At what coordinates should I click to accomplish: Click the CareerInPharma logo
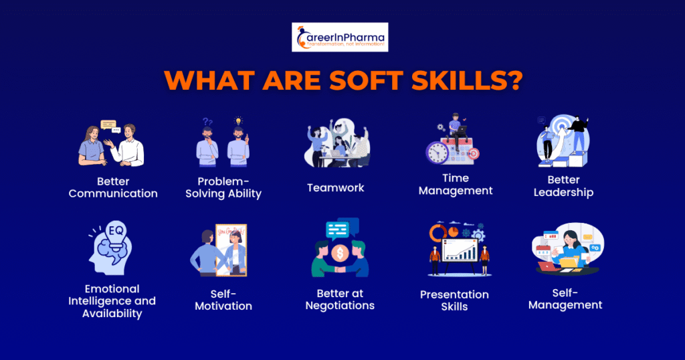click(340, 37)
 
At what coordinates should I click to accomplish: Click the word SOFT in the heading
click(366, 80)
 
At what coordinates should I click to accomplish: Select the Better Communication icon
click(112, 143)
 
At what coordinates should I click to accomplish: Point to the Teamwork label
click(336, 188)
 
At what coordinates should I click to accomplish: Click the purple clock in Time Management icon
click(437, 152)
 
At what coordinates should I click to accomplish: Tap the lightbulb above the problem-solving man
click(238, 121)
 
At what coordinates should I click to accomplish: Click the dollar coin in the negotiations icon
click(340, 253)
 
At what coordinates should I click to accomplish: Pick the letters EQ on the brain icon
click(116, 230)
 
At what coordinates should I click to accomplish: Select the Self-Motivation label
click(223, 300)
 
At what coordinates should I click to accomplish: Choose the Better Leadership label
click(563, 186)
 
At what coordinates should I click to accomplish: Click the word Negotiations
click(340, 306)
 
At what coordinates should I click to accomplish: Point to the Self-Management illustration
click(567, 249)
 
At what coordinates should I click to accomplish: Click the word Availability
click(112, 314)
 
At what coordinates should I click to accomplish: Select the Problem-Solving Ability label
click(223, 187)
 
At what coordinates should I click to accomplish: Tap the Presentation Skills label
click(454, 300)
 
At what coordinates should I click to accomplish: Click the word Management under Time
click(456, 191)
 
